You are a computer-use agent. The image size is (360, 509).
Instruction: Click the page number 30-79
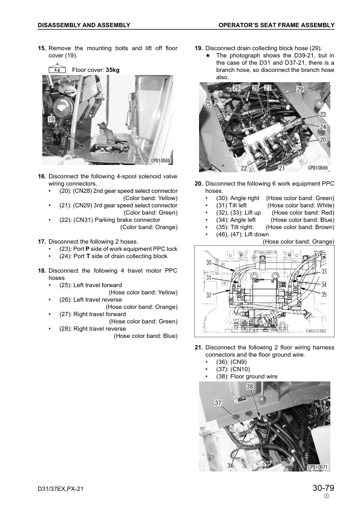tap(323, 488)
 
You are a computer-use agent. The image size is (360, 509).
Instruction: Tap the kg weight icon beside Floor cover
tap(57, 68)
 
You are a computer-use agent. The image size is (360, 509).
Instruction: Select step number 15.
tap(42, 48)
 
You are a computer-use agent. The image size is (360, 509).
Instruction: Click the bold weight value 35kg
tap(113, 70)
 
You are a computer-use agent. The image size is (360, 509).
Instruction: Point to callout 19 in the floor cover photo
tap(51, 119)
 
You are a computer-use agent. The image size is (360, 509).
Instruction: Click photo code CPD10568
tap(160, 161)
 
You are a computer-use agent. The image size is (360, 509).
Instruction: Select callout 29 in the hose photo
tap(300, 89)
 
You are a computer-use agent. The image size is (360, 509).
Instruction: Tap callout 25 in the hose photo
tap(208, 104)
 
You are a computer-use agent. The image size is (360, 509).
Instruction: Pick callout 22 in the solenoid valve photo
tap(244, 168)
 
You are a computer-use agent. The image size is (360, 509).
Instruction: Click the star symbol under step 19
tap(208, 56)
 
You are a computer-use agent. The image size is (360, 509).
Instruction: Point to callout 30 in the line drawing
tap(209, 262)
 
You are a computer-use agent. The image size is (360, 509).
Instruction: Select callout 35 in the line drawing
tap(324, 294)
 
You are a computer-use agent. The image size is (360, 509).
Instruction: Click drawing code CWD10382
tap(316, 331)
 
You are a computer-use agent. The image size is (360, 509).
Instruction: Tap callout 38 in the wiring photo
tap(250, 386)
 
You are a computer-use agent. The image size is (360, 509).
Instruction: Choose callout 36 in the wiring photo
tap(231, 465)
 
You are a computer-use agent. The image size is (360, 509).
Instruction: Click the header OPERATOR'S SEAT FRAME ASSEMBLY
tap(277, 25)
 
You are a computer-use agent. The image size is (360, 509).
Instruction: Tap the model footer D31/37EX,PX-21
tap(61, 488)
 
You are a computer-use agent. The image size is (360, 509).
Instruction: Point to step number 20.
tap(199, 184)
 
